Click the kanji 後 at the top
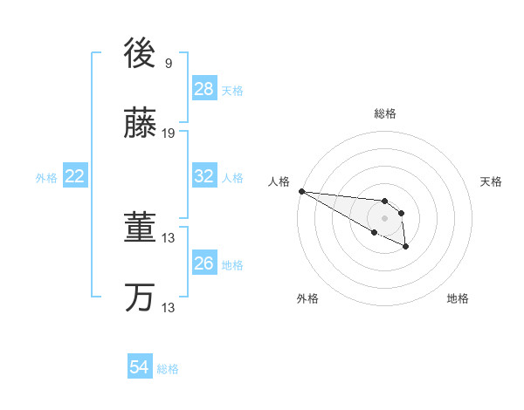tap(140, 54)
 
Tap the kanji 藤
tap(140, 125)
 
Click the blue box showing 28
tap(204, 89)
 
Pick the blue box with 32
tap(204, 176)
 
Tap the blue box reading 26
tap(204, 263)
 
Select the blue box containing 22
tap(75, 176)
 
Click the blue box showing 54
tap(140, 368)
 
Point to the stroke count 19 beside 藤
tap(169, 133)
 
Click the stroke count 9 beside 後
tap(169, 63)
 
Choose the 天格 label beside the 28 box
tap(232, 90)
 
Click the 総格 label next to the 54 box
tap(168, 369)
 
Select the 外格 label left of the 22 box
tap(46, 177)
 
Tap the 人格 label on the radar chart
tap(279, 181)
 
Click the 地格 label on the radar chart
tap(458, 298)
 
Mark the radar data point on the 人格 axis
tap(301, 191)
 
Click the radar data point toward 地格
tap(406, 248)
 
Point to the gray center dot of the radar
tap(384, 218)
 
